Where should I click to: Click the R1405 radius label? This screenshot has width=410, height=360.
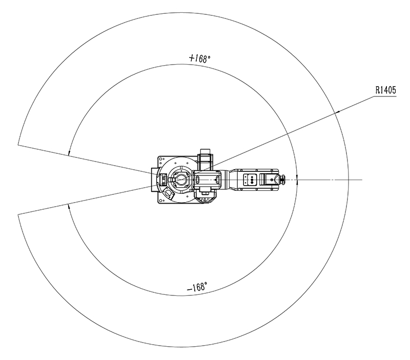click(386, 90)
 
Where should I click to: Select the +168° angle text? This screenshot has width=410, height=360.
click(199, 58)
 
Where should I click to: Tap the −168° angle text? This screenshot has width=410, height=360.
click(197, 287)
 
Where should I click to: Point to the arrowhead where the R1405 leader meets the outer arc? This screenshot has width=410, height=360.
click(337, 112)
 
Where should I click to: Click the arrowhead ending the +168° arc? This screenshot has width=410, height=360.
click(69, 153)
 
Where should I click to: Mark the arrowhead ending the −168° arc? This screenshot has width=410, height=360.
click(69, 207)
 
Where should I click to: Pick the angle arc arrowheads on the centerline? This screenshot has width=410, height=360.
click(297, 179)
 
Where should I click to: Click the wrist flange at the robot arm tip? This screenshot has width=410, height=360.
click(282, 179)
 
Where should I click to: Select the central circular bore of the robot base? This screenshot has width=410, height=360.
click(180, 179)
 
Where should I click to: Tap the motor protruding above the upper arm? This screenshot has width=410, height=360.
click(206, 159)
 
